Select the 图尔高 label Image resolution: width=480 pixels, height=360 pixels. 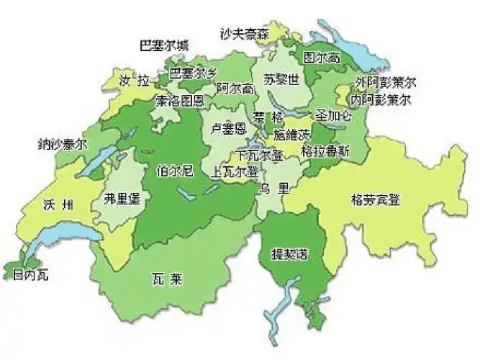[x=321, y=58]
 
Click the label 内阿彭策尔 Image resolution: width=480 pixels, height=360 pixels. [x=381, y=100]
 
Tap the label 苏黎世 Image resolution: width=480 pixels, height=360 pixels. [x=281, y=80]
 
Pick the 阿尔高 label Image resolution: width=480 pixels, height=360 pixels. [x=235, y=89]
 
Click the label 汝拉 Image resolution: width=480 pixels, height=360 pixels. [x=135, y=78]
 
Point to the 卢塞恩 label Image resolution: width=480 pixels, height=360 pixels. [x=228, y=128]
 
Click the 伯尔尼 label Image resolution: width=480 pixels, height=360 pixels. [x=175, y=171]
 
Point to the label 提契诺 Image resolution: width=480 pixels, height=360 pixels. [x=289, y=255]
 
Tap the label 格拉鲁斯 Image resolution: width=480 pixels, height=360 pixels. [x=325, y=151]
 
